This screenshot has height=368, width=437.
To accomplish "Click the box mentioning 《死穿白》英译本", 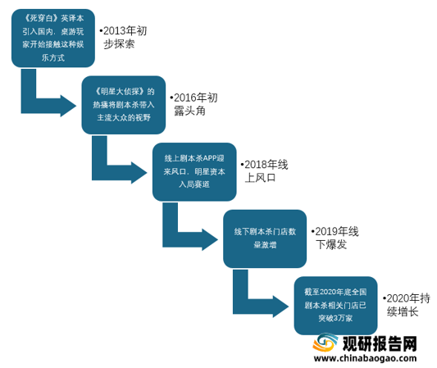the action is click(x=53, y=39).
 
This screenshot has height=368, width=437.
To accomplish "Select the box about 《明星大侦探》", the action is click(x=124, y=105).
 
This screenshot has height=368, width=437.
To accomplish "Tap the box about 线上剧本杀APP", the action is click(x=194, y=172).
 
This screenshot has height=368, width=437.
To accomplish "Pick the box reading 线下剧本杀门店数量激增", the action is click(x=265, y=239).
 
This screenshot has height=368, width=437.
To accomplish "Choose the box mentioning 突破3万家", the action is click(x=335, y=306).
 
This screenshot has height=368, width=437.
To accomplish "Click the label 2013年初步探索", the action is click(x=123, y=38).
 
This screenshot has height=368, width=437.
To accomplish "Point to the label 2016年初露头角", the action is click(x=194, y=104).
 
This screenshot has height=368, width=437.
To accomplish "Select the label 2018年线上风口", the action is click(x=265, y=171).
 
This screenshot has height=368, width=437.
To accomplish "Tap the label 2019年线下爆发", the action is click(x=335, y=238).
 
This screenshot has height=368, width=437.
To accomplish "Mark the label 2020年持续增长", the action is click(x=407, y=305).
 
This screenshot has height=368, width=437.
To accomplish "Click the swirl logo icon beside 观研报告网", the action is click(x=325, y=343).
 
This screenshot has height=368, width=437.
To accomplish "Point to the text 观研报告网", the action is click(x=380, y=344).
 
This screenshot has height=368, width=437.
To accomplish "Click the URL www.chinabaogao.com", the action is click(x=365, y=358).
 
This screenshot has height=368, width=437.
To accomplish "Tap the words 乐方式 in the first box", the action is click(x=53, y=58).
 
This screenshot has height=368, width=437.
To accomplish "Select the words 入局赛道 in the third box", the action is click(x=194, y=184).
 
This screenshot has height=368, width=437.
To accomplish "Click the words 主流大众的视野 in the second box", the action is click(x=124, y=118).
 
